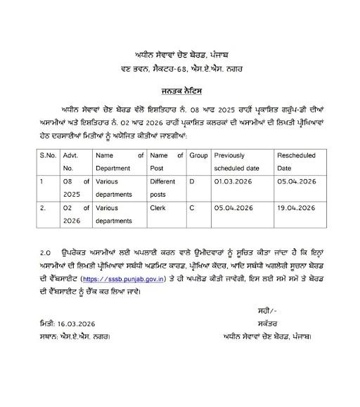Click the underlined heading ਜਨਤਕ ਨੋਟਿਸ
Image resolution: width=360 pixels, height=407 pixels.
pos(179,92)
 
